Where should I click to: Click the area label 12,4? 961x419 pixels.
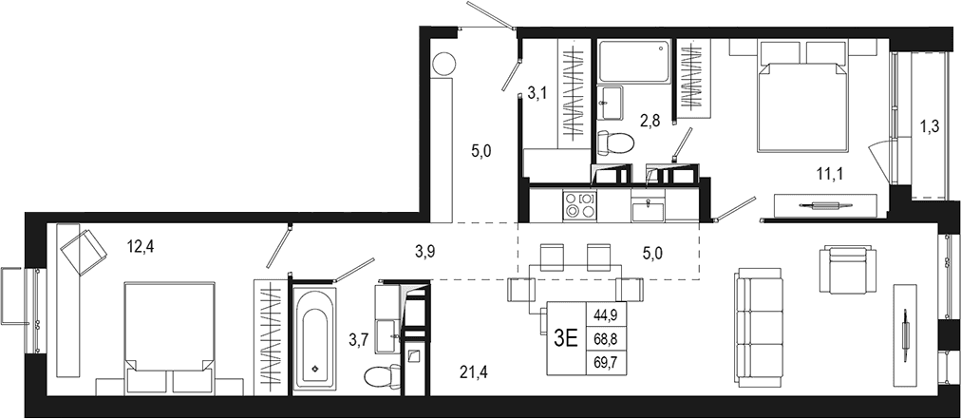[x=140, y=247]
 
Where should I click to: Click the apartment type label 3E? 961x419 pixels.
[x=566, y=339]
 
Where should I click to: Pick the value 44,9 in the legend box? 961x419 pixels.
[x=606, y=317]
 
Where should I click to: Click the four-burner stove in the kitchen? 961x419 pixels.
[x=579, y=205]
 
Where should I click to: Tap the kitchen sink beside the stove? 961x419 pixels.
[x=648, y=209]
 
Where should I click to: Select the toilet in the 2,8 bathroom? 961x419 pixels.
[x=614, y=143]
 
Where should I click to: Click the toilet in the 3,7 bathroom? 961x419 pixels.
[x=382, y=375]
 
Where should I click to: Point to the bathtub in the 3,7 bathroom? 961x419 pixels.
[x=314, y=337]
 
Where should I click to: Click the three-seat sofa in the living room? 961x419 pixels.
[x=759, y=328]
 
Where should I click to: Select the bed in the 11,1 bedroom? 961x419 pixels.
[x=802, y=96]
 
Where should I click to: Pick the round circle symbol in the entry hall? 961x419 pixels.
[x=443, y=64]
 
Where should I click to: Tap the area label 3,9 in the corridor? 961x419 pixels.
[x=424, y=250]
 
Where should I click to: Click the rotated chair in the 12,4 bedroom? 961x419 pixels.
[x=83, y=252]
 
